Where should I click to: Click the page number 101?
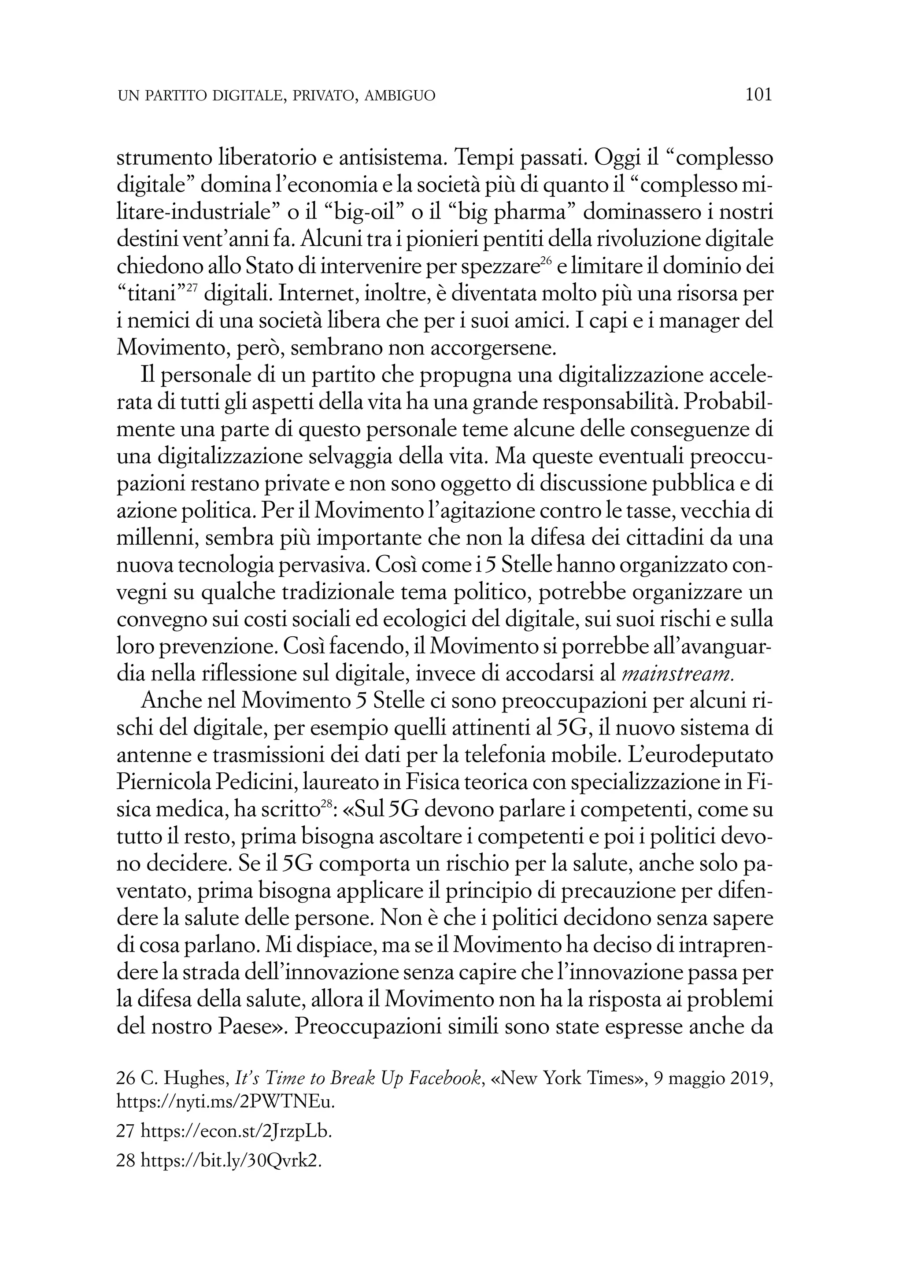tap(759, 95)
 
